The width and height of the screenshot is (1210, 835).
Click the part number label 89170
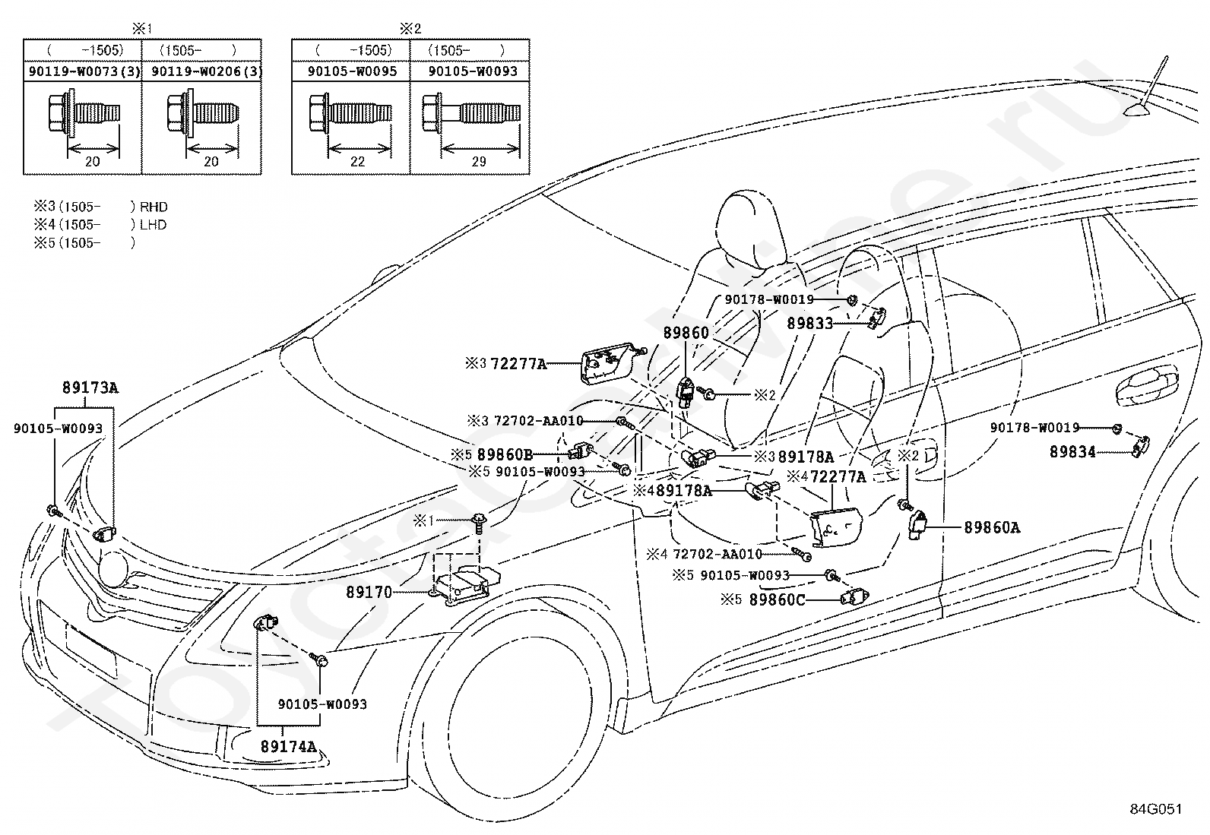click(x=369, y=592)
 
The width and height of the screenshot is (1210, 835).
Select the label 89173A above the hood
click(x=90, y=387)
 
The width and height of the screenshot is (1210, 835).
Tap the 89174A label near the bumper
click(x=289, y=746)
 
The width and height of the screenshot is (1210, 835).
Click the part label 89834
click(x=1072, y=451)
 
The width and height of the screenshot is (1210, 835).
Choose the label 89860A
click(x=993, y=527)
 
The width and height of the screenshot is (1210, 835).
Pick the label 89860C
click(x=778, y=599)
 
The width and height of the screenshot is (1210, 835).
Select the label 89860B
click(x=505, y=455)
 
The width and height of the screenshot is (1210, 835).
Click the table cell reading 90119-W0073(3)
click(x=84, y=71)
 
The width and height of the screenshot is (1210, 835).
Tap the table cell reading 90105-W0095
click(x=352, y=71)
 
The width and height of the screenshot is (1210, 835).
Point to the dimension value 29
click(x=479, y=162)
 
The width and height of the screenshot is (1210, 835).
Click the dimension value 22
click(x=357, y=162)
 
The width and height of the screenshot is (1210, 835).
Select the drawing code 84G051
click(x=1156, y=809)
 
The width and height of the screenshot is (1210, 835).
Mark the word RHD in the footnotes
click(x=154, y=207)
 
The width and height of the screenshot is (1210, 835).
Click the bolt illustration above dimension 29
click(x=471, y=113)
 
